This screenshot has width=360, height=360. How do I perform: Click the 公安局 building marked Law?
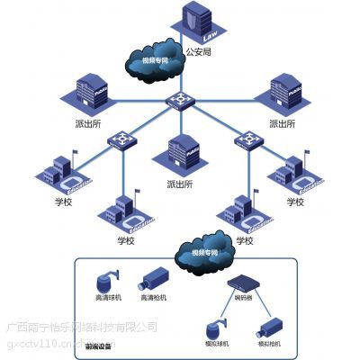coord(198,25)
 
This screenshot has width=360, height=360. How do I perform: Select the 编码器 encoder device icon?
coord(245,283)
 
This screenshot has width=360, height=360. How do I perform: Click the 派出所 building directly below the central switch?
coord(184,154)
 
